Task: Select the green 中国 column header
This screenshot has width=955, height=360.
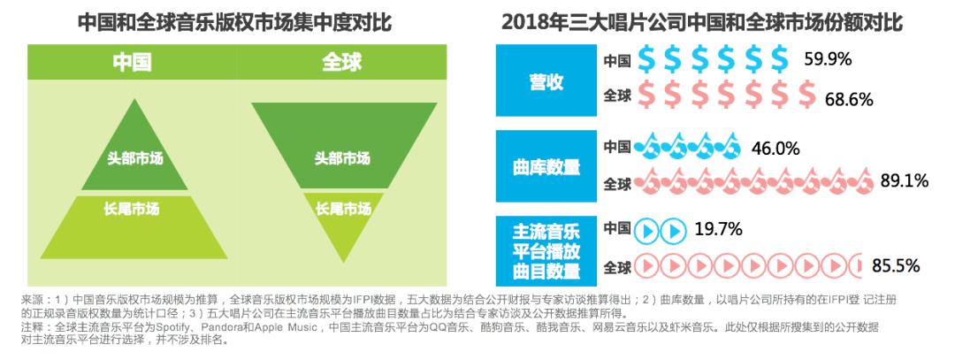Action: coord(132,63)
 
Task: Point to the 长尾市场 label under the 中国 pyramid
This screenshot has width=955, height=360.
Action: coord(132,210)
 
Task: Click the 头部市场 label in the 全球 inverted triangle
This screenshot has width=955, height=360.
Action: coord(342,158)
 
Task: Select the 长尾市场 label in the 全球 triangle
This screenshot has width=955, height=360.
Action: coord(342,209)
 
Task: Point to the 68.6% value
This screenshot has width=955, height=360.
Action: coord(848,97)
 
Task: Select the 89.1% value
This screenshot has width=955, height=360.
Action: coord(904,181)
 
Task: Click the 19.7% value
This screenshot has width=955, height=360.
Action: coord(717,231)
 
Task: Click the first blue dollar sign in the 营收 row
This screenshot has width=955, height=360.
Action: coord(647,59)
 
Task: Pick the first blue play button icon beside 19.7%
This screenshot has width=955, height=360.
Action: coord(647,232)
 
